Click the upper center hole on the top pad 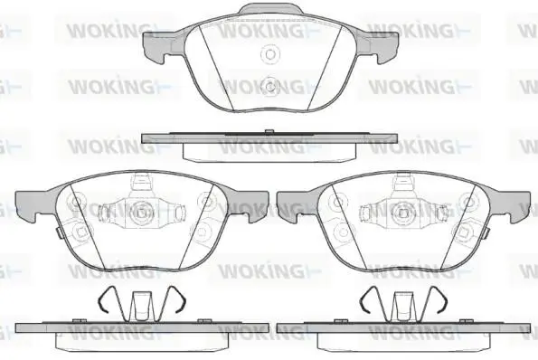pos(270,54)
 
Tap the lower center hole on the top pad pos(270,86)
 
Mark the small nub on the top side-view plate pos(269,131)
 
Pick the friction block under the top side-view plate pos(269,152)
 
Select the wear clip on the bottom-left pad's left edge pos(59,233)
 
